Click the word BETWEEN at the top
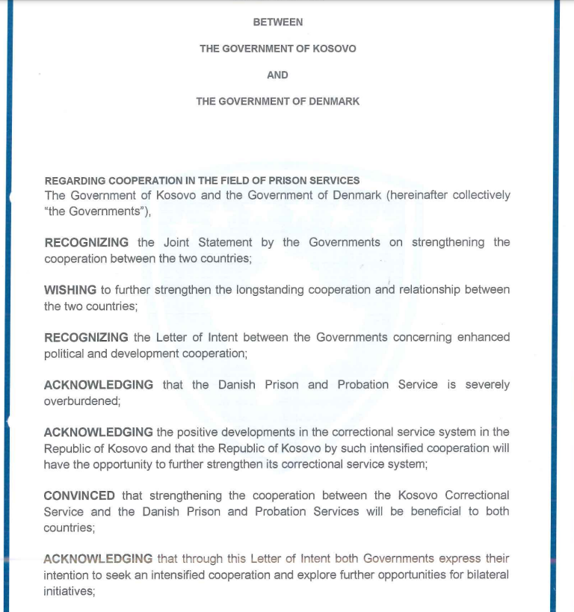[278, 22]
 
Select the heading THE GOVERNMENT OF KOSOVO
[278, 49]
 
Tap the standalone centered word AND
[278, 75]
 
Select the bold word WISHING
[70, 290]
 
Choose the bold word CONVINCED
[79, 495]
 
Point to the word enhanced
[480, 338]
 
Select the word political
[64, 353]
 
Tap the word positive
[202, 432]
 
